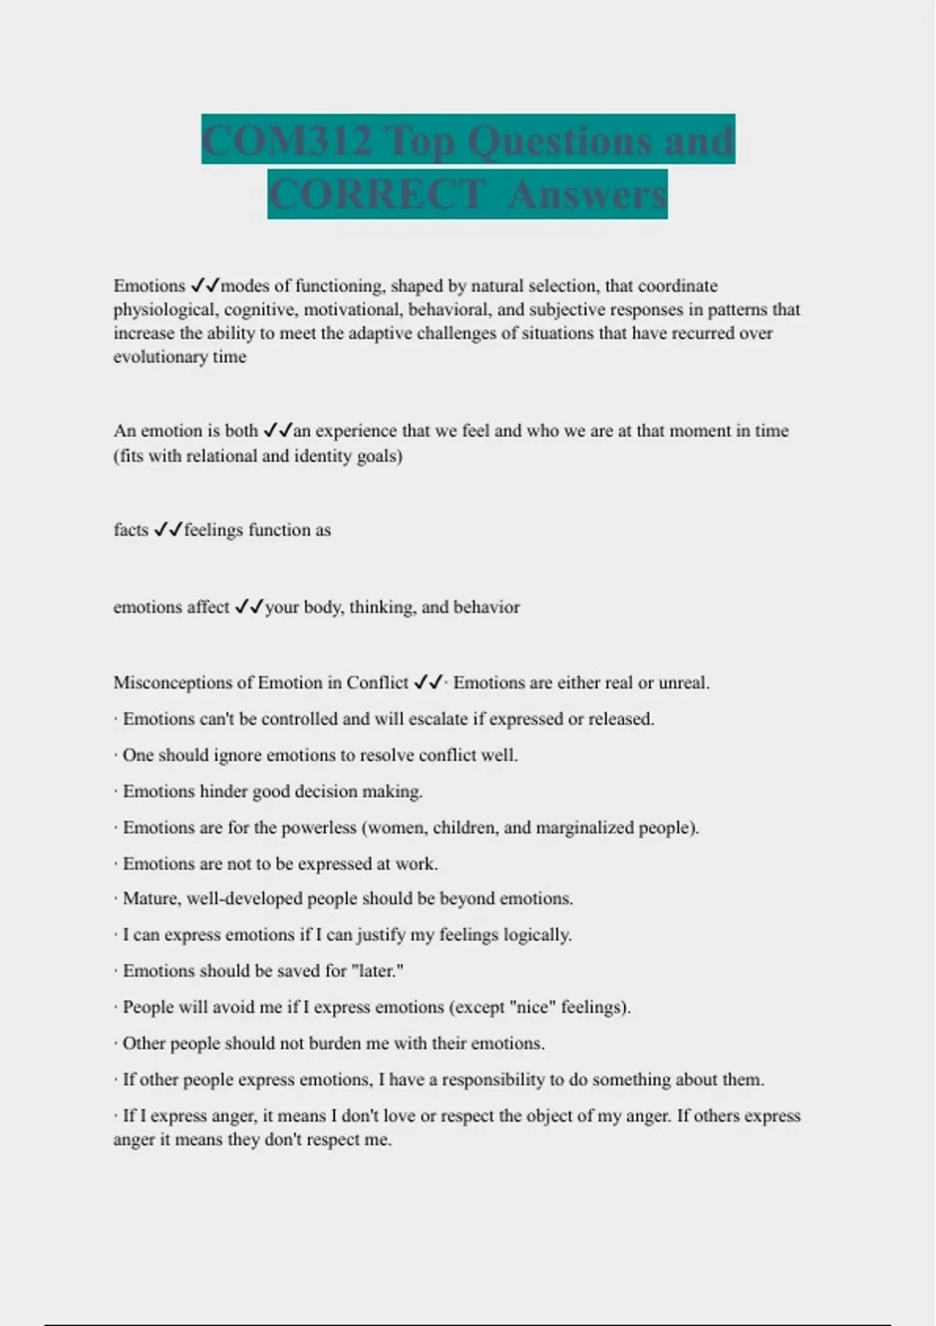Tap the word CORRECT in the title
coord(377,194)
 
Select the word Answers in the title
coord(587,194)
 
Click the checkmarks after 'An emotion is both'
coord(278,431)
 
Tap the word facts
coord(130,530)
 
